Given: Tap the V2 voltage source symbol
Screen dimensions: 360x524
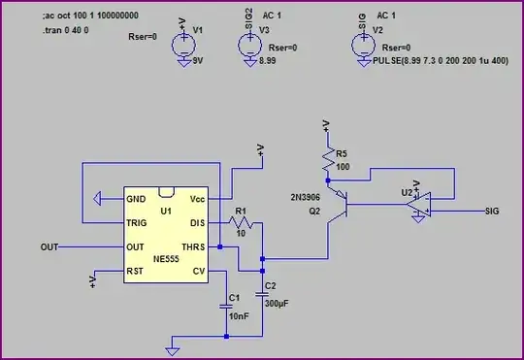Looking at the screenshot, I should tap(362, 44).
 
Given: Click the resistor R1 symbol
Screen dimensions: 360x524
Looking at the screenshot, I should tap(240, 223).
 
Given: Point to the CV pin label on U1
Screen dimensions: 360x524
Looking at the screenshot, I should tap(199, 272).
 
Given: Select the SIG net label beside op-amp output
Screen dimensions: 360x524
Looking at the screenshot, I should tap(492, 210).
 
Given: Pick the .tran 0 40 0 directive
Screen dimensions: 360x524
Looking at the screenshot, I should tap(66, 31).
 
